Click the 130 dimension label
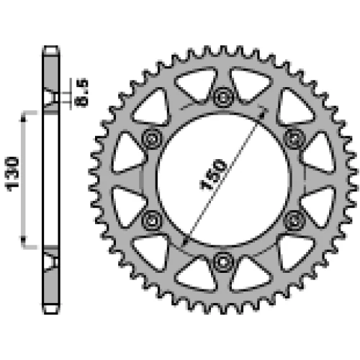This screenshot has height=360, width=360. click(13, 174)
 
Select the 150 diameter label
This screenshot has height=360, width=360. click(213, 174)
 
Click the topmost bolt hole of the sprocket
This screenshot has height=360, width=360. click(223, 97)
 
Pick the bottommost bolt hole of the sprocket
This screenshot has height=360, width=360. click(223, 262)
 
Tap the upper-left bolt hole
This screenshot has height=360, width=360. click(152, 139)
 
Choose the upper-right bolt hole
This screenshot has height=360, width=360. click(294, 139)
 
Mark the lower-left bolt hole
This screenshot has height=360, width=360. click(152, 220)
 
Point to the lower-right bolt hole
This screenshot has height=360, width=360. click(294, 220)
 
